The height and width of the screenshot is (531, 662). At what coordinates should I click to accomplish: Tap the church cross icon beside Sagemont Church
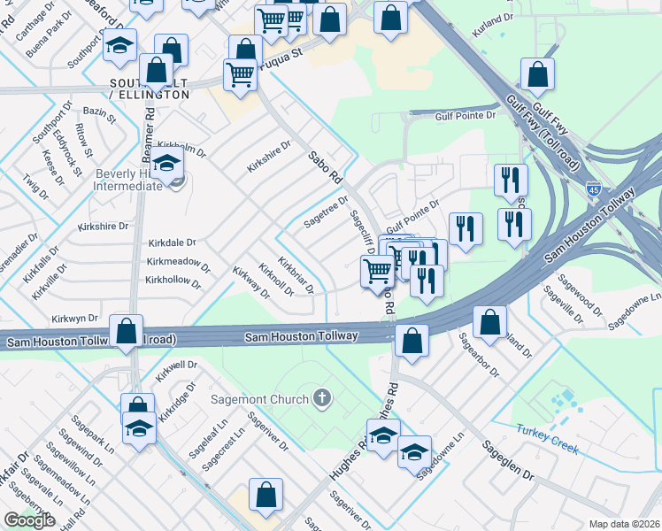322,398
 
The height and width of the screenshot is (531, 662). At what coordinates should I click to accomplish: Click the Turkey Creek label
548,439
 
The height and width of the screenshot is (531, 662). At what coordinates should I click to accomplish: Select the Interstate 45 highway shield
594,189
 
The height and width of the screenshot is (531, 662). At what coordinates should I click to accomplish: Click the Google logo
29,520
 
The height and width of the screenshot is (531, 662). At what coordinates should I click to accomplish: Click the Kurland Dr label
493,19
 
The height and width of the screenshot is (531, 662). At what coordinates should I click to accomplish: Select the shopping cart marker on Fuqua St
239,76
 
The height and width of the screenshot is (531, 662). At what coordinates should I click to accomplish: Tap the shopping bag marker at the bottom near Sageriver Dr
266,496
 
